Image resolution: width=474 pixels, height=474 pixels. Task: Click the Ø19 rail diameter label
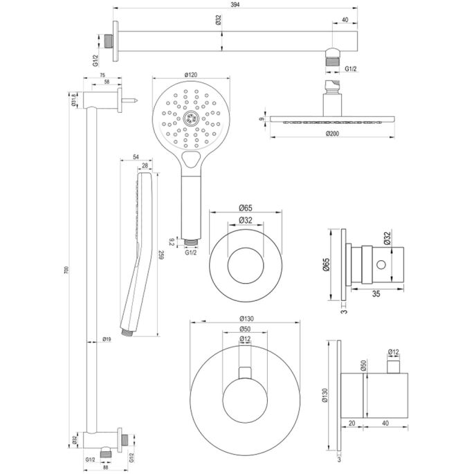tap(106, 340)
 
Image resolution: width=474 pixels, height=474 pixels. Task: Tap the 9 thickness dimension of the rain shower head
tap(262, 118)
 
